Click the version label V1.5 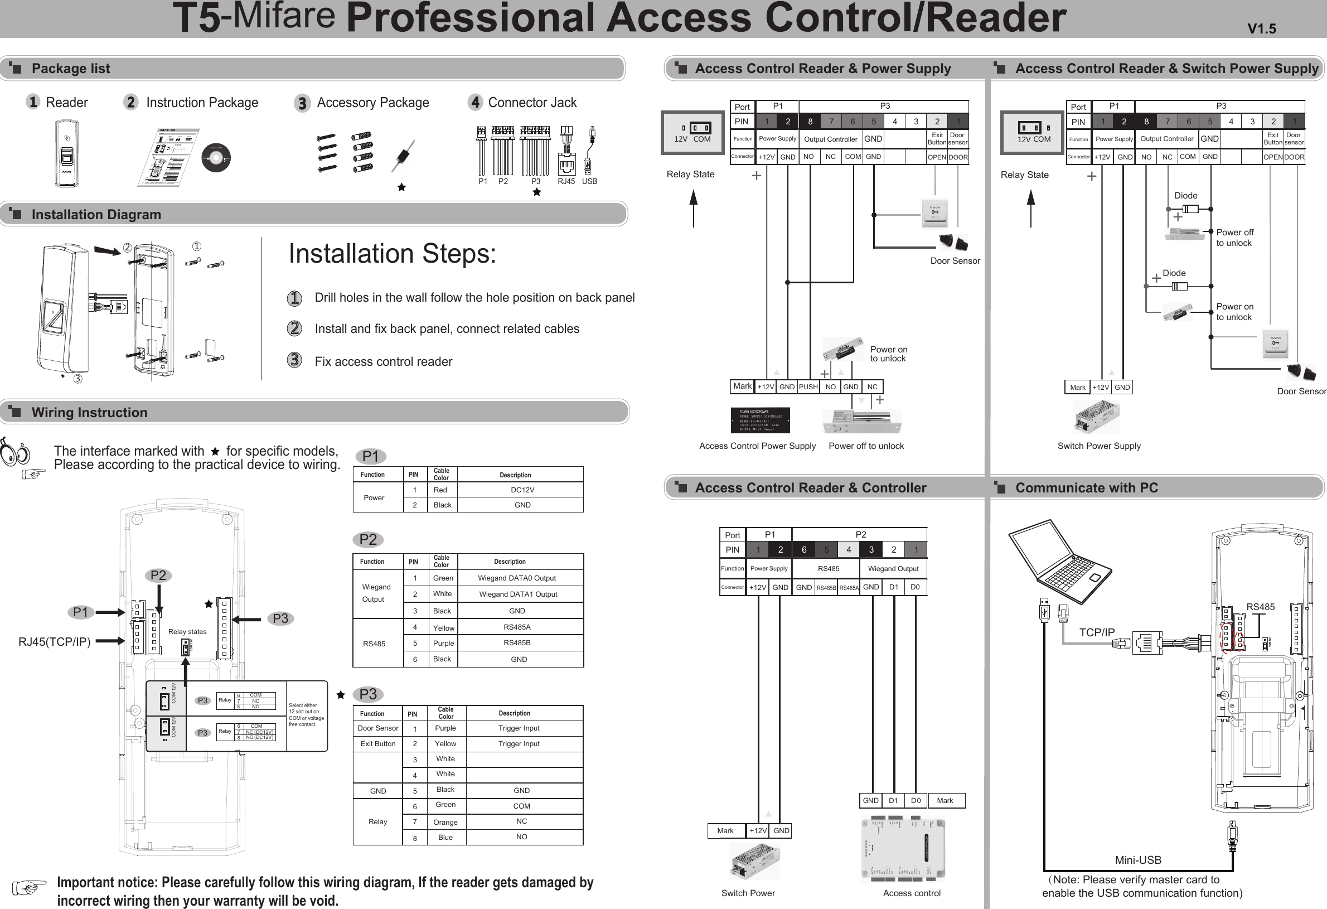(x=1261, y=28)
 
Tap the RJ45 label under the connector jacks (x=566, y=182)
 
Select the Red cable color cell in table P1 (x=440, y=490)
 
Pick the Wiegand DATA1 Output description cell (x=518, y=594)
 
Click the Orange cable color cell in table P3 (x=445, y=822)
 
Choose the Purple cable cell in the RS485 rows (x=444, y=643)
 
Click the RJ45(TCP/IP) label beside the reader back (x=55, y=641)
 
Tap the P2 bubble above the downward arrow (x=158, y=576)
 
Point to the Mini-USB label (x=1138, y=860)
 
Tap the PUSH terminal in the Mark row (x=808, y=387)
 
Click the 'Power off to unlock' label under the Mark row (x=866, y=446)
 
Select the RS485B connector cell (x=826, y=588)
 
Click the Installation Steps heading (x=392, y=254)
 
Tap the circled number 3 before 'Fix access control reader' (x=294, y=360)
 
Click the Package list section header (x=71, y=69)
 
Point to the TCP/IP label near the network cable (x=1096, y=632)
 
